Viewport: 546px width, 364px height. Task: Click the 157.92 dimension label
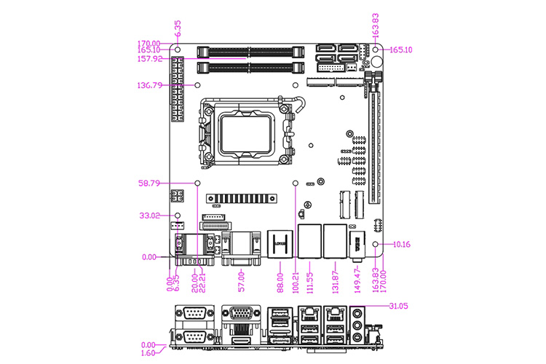pyautogui.click(x=151, y=58)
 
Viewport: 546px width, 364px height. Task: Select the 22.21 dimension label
pyautogui.click(x=202, y=280)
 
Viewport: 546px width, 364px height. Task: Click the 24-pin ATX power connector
pyautogui.click(x=176, y=90)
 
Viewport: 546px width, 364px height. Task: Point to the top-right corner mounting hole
pyautogui.click(x=376, y=50)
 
